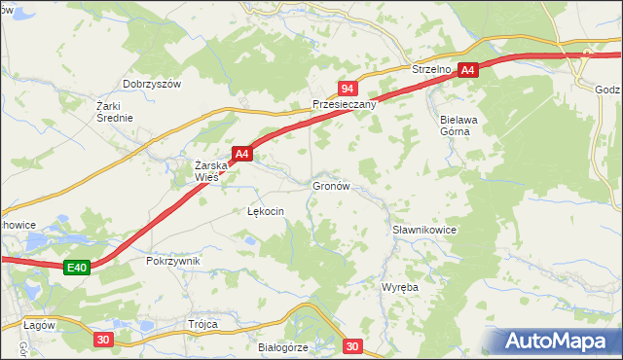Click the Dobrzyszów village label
[x=152, y=85]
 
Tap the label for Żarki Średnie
[x=114, y=111]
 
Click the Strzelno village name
[x=428, y=71]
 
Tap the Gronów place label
[x=330, y=185]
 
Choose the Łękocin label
[x=265, y=211]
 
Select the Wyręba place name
[x=399, y=289]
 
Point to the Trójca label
[x=202, y=324]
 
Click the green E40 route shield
[x=78, y=268]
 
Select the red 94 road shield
[x=348, y=88]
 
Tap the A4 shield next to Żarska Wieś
[x=242, y=154]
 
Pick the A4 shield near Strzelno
[x=468, y=70]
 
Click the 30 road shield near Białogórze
[x=352, y=345]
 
